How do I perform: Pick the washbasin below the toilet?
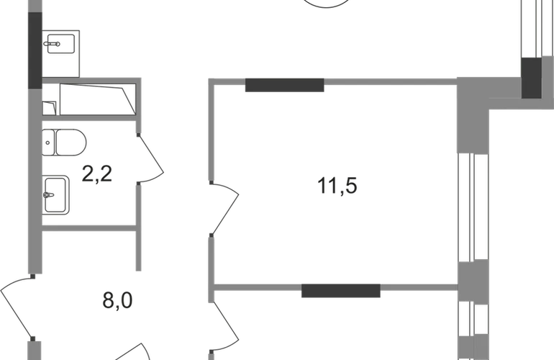tap(58, 195)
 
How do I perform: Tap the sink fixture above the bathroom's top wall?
tap(60, 40)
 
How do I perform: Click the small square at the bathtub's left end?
tap(49, 107)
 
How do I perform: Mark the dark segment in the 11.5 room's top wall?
tap(285, 87)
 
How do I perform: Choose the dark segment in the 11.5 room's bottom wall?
tap(340, 291)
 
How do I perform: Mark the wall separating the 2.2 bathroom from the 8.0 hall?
tap(91, 226)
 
